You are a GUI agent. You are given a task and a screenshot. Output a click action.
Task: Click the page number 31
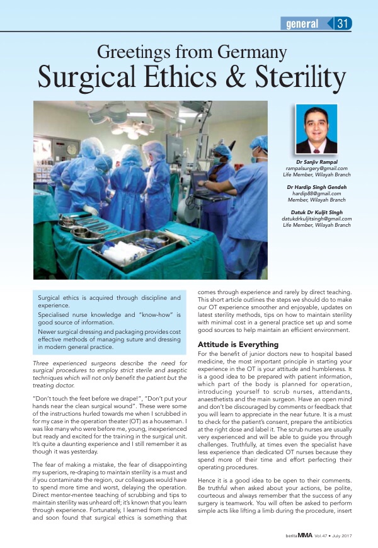coord(343,24)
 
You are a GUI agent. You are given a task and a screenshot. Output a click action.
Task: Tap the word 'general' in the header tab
coord(302,24)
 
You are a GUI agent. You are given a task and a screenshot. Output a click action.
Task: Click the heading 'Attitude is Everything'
coord(238,345)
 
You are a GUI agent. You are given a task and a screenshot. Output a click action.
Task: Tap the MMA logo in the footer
coord(306,536)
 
